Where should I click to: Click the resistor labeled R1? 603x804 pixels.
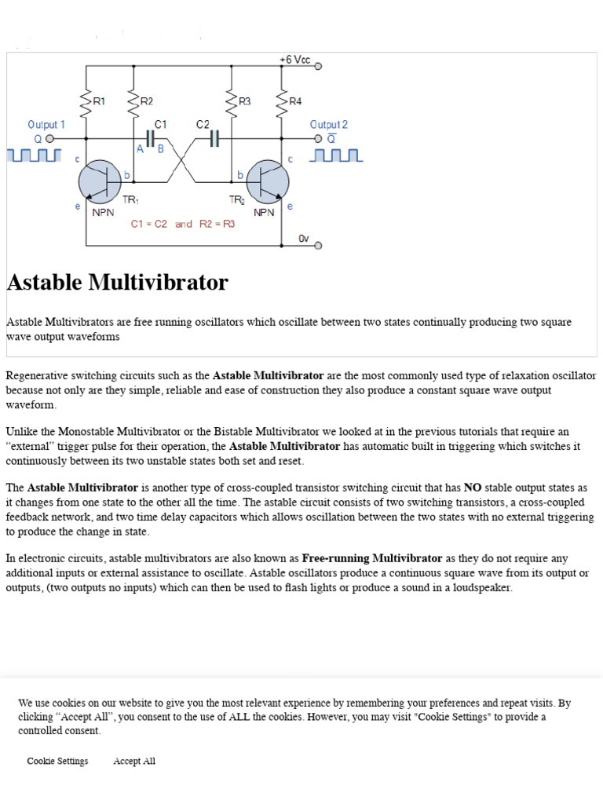coord(86,101)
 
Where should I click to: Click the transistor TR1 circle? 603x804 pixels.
coord(100,181)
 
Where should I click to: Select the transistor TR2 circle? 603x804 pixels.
coord(268,181)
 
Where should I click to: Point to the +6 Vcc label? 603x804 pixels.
coord(294,60)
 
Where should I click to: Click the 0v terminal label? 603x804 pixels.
coord(304,237)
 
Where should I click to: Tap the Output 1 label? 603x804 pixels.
coord(46,125)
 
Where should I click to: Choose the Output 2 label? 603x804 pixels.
coord(329,125)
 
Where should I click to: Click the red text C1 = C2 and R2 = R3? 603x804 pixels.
coord(182,224)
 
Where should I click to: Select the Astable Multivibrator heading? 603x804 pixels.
coord(118,283)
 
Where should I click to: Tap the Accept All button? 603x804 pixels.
coord(134,761)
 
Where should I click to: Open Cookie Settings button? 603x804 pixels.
coord(57,761)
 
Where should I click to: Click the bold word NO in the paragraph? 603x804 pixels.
coord(473,488)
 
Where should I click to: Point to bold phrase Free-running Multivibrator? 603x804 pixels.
coord(372,558)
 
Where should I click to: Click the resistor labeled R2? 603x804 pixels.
coord(133,101)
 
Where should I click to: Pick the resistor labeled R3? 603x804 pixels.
coord(232,101)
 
